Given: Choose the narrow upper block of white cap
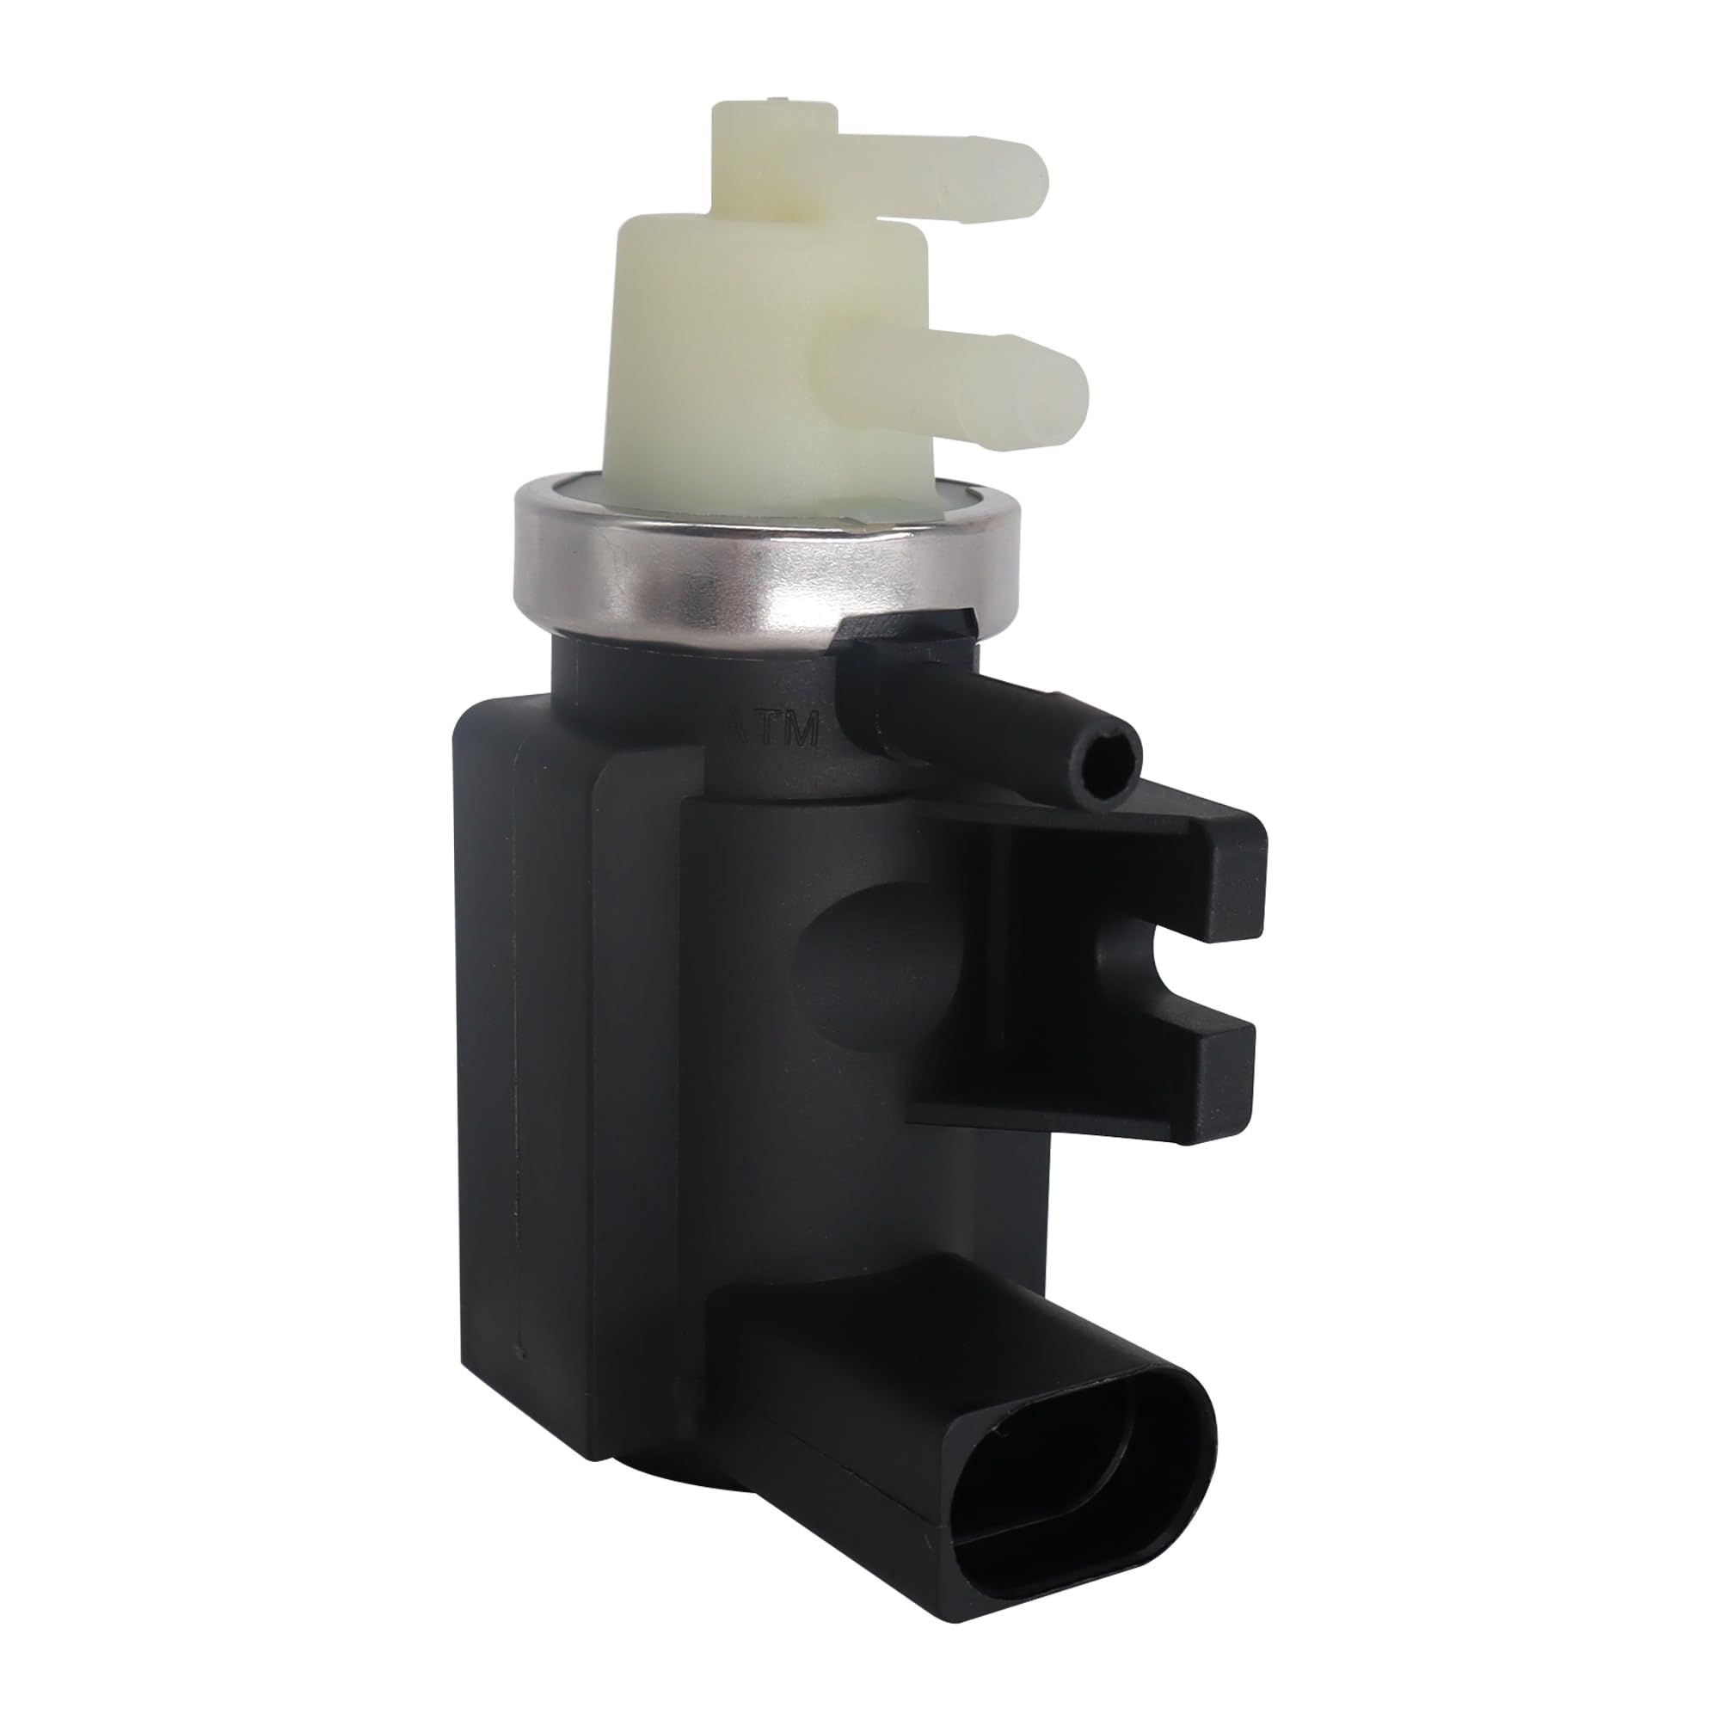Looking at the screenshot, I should point(757,151).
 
